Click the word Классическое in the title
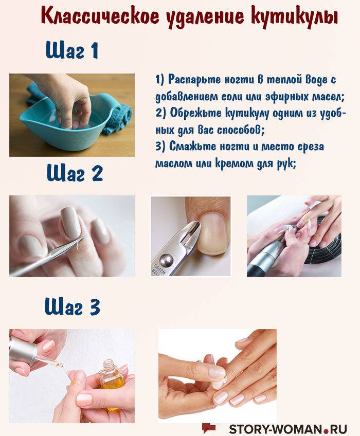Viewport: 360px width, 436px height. (100, 15)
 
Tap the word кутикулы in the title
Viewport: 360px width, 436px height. (294, 16)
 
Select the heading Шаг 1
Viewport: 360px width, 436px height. (72, 50)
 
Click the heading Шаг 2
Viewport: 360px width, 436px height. (75, 173)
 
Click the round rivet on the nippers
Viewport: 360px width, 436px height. (166, 260)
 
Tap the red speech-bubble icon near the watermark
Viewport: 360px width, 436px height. (209, 427)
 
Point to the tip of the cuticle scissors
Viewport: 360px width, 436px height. (83, 238)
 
